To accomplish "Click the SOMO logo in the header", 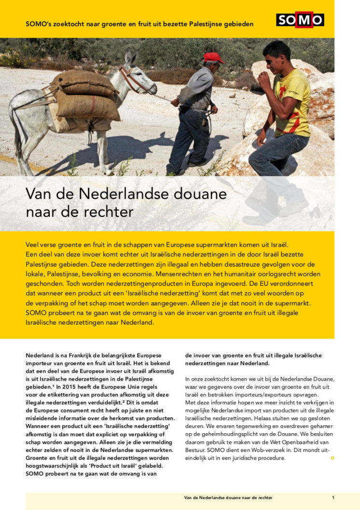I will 300,20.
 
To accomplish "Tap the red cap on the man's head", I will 213,57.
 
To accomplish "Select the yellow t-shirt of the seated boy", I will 291,101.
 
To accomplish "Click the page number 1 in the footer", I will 333,497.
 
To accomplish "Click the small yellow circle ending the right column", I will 332,458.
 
